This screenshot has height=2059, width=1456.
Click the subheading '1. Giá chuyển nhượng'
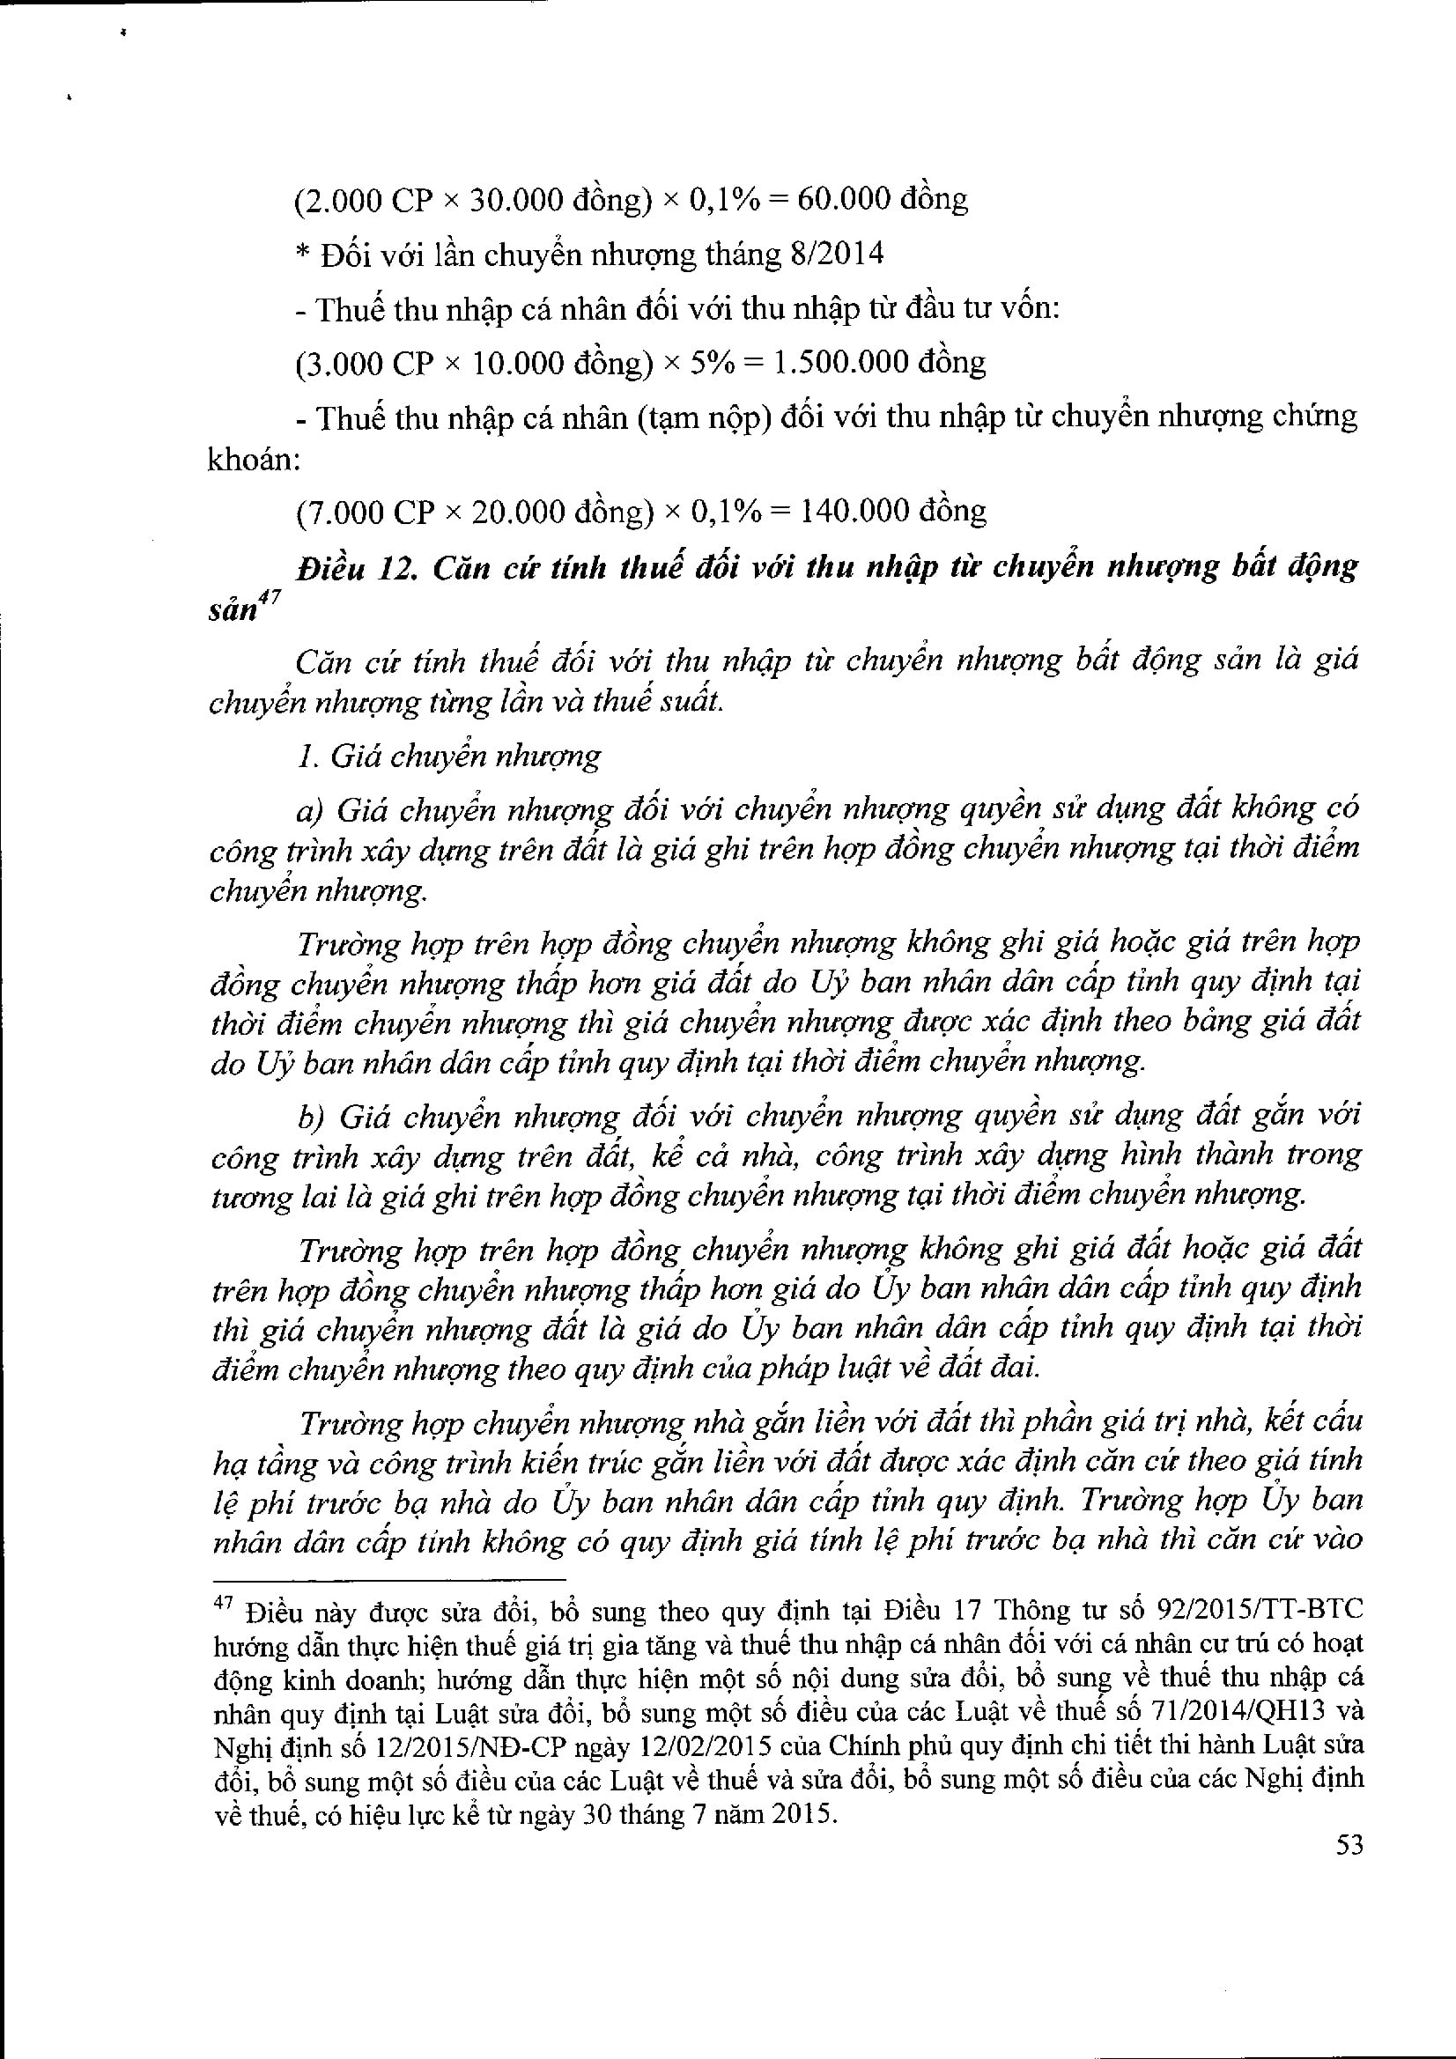[447, 756]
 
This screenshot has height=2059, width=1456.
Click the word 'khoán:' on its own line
[252, 460]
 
